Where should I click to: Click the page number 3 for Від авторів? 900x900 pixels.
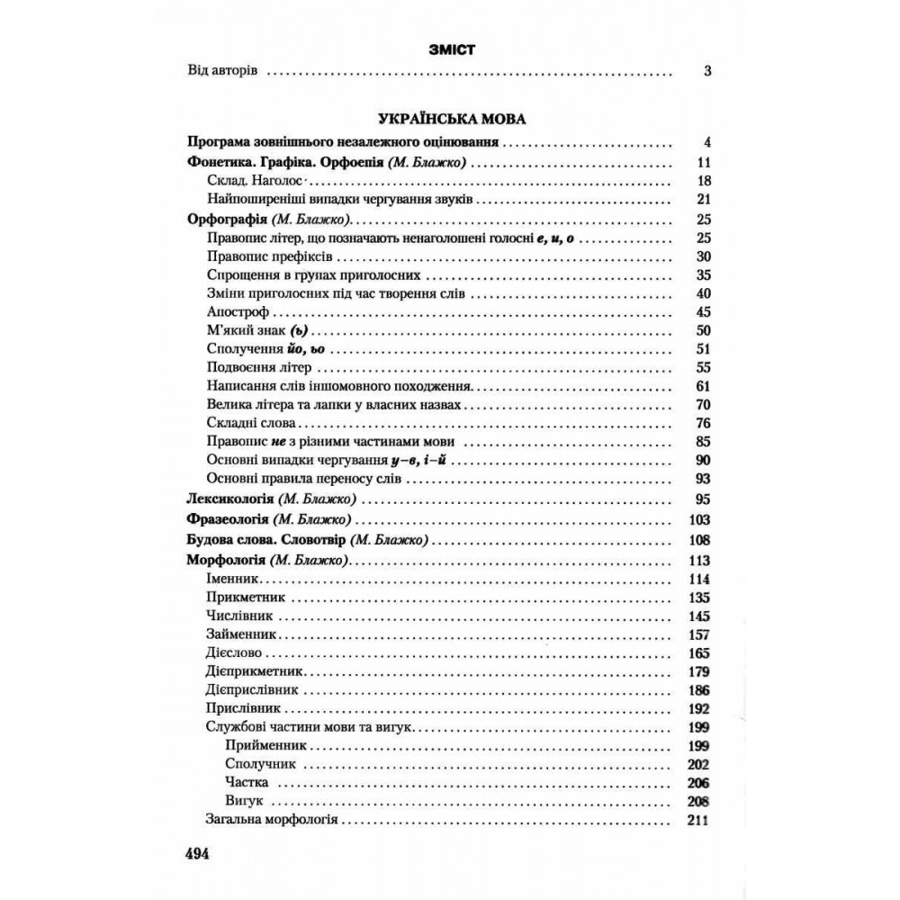707,71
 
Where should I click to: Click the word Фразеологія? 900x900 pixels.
229,520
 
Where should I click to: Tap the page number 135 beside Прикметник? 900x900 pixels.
698,598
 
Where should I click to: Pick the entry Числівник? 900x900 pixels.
239,616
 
